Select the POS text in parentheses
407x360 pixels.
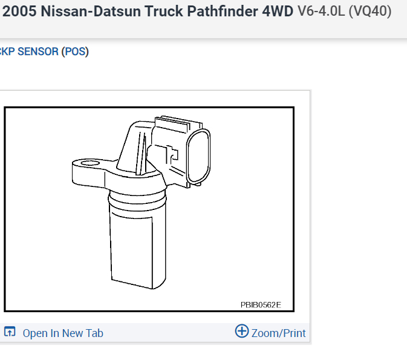76,51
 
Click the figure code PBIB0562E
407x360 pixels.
261,304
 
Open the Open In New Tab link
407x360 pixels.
63,333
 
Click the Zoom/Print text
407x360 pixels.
278,333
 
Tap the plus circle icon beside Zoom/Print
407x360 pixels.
241,332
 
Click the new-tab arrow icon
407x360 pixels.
10,332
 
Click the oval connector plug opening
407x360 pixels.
199,157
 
